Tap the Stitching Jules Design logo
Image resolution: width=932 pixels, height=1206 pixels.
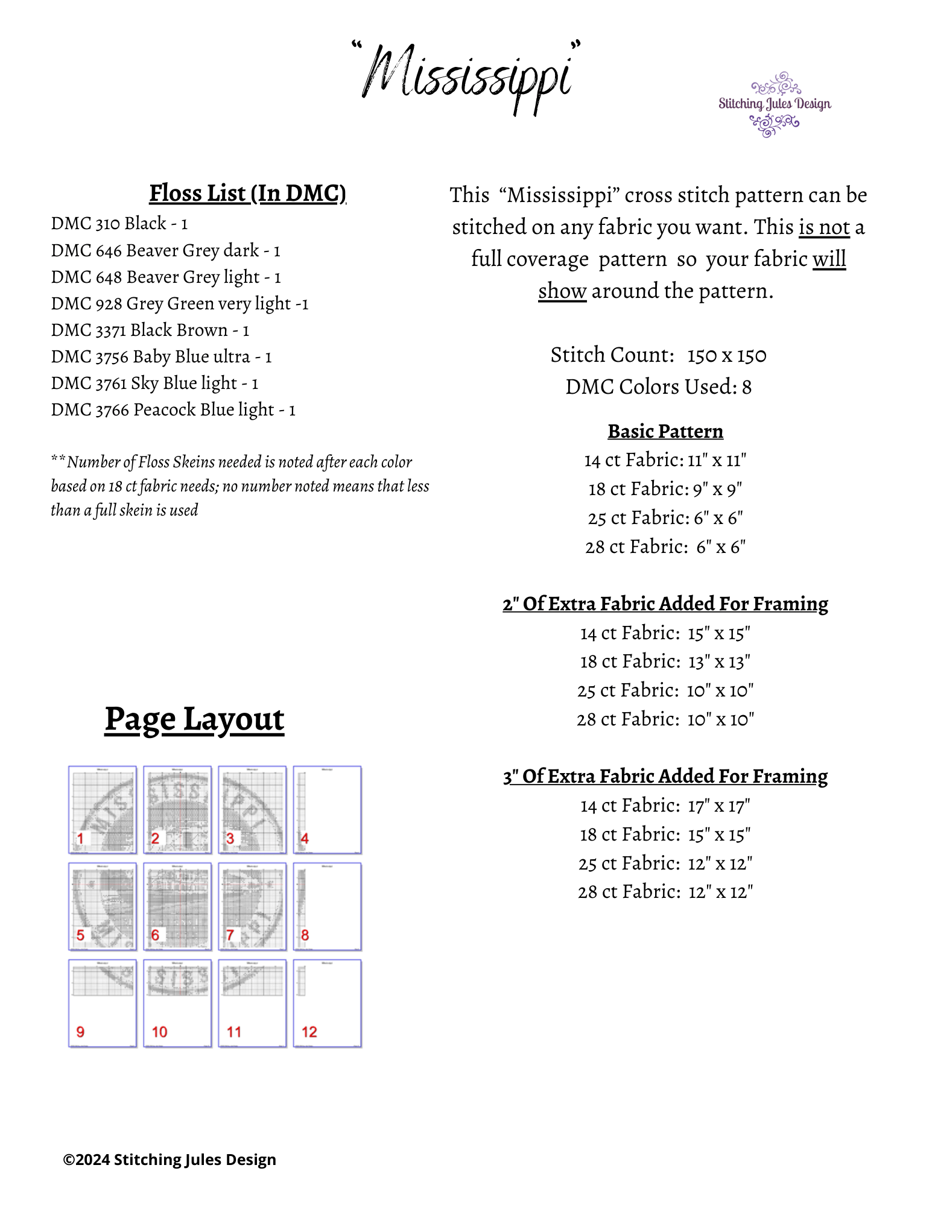pos(775,104)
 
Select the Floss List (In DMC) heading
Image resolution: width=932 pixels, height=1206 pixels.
pos(247,193)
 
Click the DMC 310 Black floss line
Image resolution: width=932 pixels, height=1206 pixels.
pos(119,224)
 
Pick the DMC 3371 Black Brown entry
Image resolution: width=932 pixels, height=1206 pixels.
pos(150,330)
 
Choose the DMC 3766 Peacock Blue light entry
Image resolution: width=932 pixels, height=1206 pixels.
pos(173,409)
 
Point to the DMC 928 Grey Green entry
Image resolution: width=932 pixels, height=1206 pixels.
pos(179,303)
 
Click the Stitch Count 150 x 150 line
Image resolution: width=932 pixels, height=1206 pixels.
pos(658,355)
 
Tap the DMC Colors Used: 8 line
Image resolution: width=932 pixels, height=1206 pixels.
pos(658,387)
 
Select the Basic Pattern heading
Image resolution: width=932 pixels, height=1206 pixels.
pos(665,431)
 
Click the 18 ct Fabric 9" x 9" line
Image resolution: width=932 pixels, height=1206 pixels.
pos(665,489)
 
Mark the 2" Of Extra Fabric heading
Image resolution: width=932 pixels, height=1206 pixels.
pos(665,604)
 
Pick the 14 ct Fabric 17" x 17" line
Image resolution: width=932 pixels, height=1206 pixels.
pos(665,806)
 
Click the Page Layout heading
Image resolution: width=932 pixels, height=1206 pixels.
pos(194,719)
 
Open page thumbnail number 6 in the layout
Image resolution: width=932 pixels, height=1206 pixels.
pos(177,906)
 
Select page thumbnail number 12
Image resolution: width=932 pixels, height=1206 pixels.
pos(328,1003)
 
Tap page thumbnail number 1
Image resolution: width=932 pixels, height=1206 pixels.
pos(103,809)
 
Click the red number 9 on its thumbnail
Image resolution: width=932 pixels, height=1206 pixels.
pos(81,1032)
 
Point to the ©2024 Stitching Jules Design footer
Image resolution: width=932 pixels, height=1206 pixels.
pos(170,1160)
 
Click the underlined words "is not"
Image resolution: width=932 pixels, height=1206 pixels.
pos(824,227)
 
